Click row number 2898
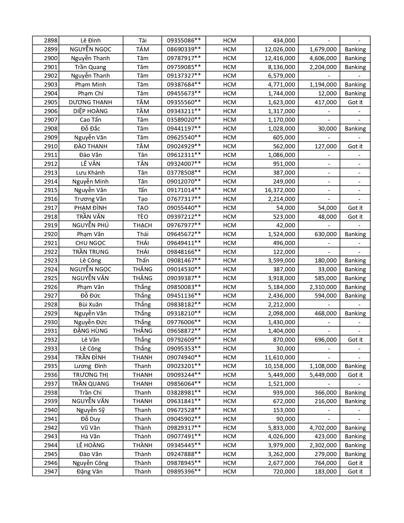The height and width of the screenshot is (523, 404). [51, 41]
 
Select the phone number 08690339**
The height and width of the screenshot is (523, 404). [184, 49]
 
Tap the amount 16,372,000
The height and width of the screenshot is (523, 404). [280, 190]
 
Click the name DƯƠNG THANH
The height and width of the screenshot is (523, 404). [90, 102]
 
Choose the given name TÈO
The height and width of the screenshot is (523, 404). [143, 217]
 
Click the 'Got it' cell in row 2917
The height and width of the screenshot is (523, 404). [355, 208]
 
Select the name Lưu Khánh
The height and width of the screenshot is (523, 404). [90, 173]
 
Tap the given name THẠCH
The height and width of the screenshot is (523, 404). [143, 225]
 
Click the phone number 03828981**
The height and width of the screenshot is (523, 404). [184, 392]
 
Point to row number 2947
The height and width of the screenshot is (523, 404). [51, 472]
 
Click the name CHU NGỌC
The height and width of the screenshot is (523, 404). [90, 243]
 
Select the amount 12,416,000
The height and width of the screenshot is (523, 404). [280, 58]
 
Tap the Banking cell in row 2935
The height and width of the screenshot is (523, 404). [355, 366]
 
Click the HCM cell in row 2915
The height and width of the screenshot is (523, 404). [229, 190]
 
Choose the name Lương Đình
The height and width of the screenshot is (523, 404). [90, 366]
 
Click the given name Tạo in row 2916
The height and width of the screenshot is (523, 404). [143, 199]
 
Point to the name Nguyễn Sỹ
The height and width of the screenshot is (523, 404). [90, 410]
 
